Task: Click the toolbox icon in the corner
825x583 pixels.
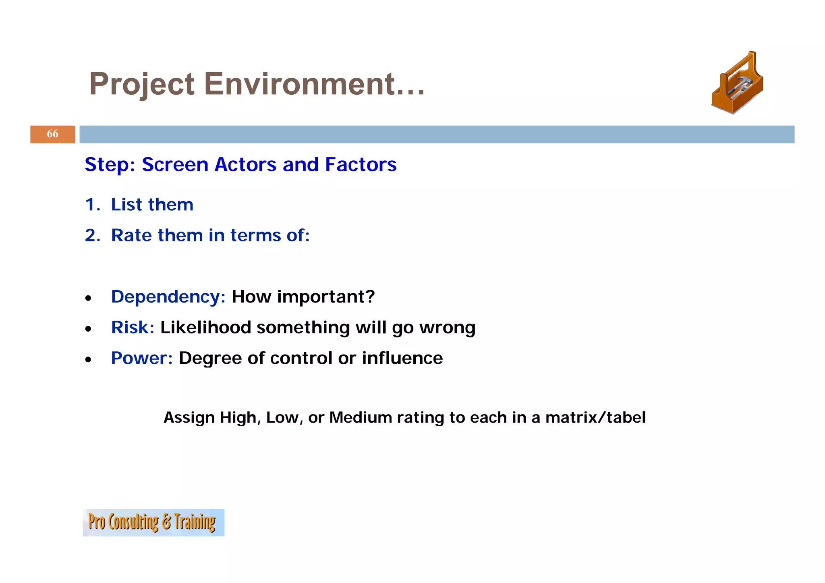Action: point(737,84)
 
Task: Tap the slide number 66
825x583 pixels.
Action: point(52,134)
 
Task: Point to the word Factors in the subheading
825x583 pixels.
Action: point(361,164)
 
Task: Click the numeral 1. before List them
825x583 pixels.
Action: point(92,205)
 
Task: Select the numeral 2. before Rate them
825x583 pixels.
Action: point(92,235)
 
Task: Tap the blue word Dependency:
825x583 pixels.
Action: point(168,297)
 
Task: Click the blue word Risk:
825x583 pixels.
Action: point(133,327)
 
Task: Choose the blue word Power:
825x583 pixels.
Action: point(142,358)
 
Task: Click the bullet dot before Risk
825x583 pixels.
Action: point(88,329)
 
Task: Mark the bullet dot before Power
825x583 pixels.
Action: point(88,360)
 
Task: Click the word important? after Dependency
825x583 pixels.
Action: point(326,297)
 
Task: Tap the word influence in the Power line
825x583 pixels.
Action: point(402,358)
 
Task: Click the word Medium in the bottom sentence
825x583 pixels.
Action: point(360,417)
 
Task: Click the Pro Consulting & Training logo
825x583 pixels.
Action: point(153,522)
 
